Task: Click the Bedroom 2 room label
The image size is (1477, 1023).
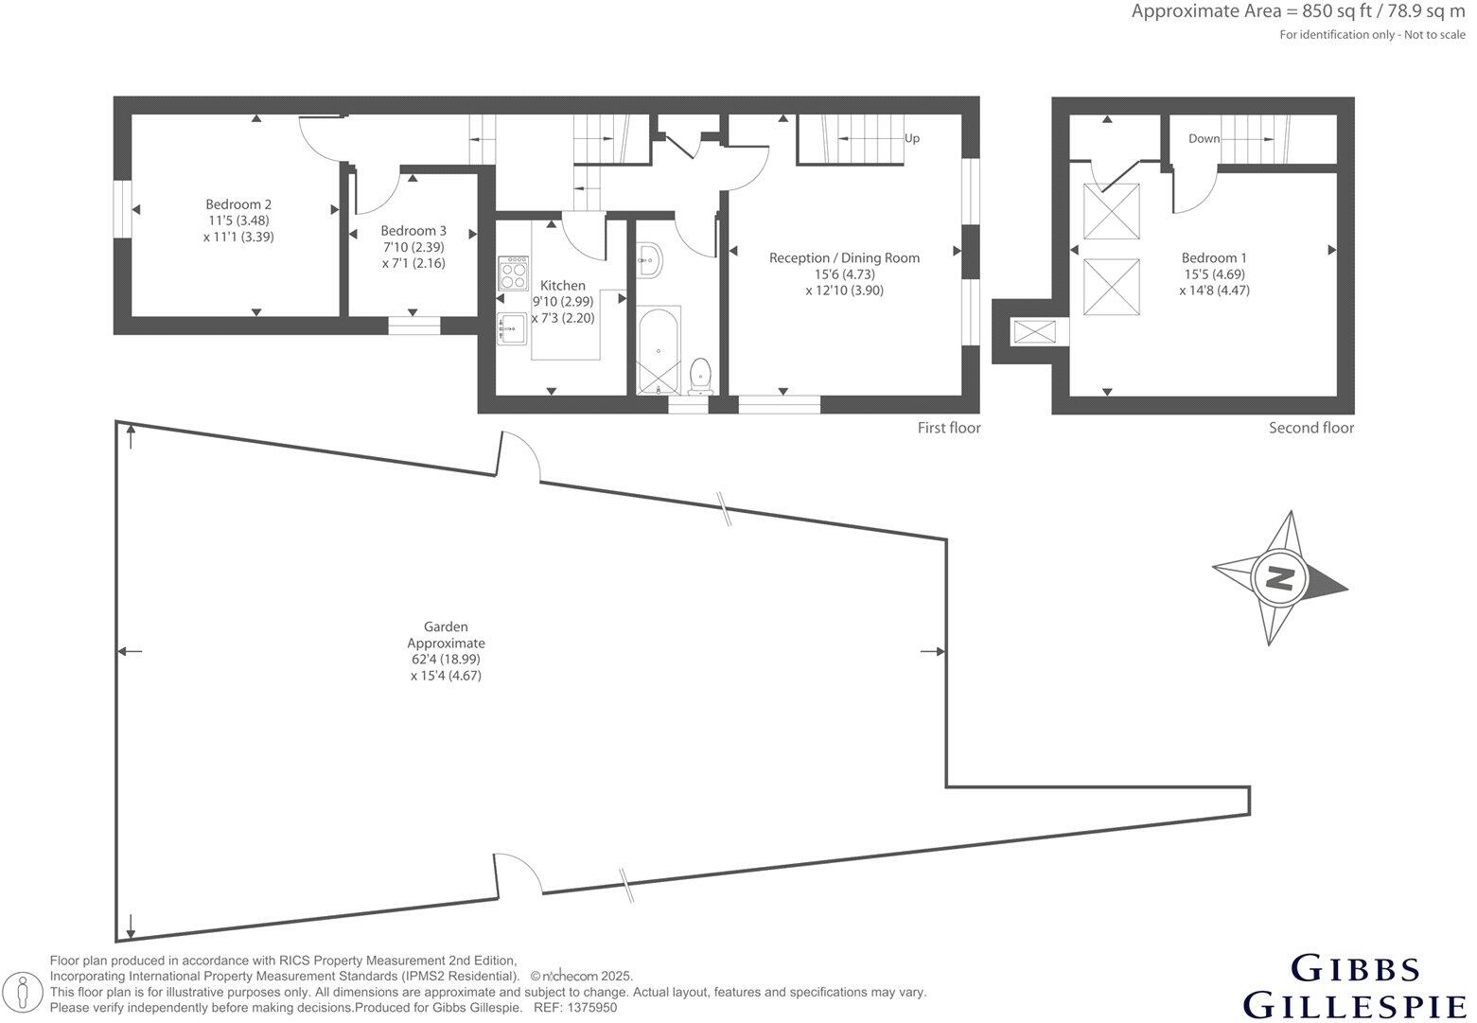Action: point(238,204)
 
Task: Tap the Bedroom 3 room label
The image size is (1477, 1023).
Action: point(413,231)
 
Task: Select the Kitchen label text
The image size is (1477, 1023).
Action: point(562,286)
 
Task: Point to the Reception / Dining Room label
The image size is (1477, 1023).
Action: point(844,258)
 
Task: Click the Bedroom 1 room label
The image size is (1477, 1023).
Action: point(1214,258)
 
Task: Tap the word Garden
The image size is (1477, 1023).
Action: point(446,626)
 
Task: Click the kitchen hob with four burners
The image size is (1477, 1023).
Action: point(514,273)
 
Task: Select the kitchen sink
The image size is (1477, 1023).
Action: point(512,328)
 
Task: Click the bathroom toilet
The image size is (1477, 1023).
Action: point(699,377)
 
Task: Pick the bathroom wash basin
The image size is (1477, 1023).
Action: point(650,260)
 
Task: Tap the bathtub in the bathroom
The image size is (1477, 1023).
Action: point(659,350)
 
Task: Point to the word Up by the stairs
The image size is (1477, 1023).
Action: point(912,138)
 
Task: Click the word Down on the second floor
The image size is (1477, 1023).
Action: point(1204,138)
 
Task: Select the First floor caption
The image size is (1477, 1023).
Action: point(949,428)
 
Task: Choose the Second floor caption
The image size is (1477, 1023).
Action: point(1311,428)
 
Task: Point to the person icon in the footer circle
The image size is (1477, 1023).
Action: point(23,992)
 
